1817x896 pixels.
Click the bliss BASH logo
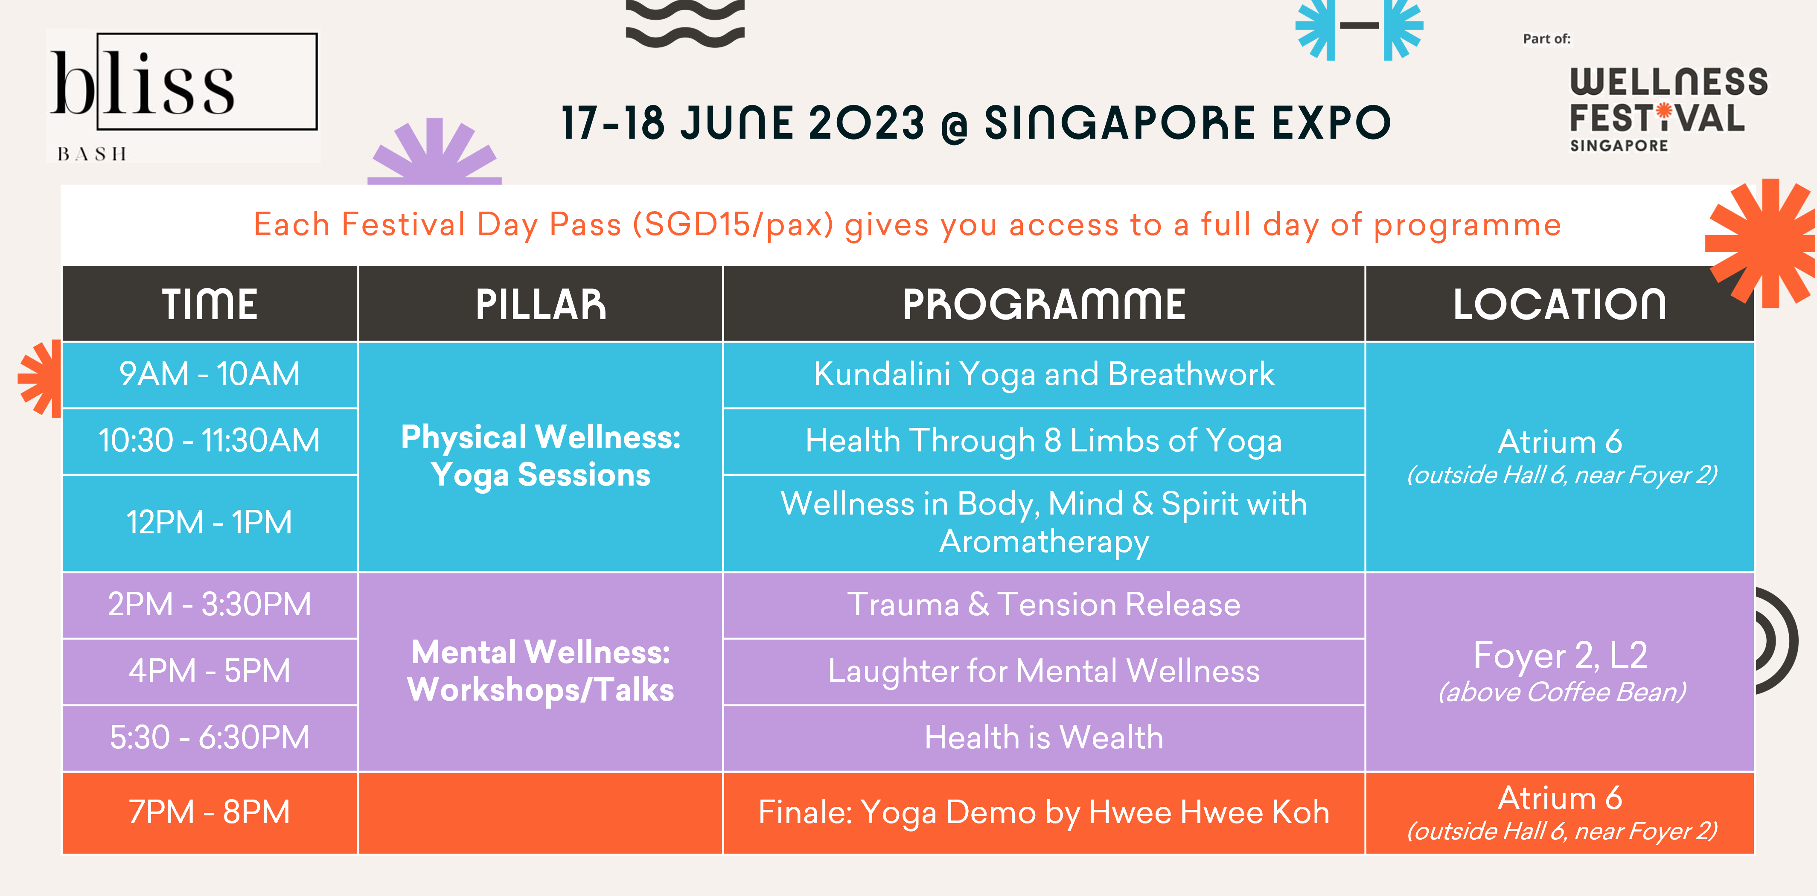184,96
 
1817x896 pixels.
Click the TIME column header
210,304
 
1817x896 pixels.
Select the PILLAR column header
540,304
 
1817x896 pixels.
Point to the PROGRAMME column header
1044,304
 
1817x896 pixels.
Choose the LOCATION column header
1560,304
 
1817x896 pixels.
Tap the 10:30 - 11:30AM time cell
210,441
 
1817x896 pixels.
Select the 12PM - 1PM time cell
210,523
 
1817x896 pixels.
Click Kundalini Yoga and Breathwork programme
1044,374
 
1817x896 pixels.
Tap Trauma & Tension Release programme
1044,605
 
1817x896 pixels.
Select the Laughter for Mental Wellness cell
1044,671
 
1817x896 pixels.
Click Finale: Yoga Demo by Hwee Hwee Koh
1044,813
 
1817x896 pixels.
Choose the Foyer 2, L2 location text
1560,655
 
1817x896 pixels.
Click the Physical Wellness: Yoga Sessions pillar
540,456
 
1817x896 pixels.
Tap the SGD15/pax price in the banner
733,225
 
